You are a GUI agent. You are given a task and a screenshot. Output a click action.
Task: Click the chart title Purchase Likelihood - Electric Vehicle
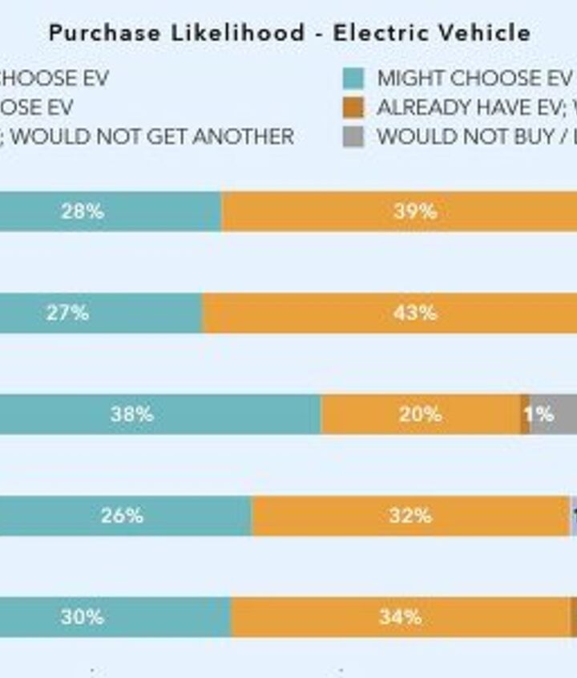pyautogui.click(x=289, y=33)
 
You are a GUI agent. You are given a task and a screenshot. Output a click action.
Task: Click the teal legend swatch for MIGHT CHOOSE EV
pyautogui.click(x=353, y=79)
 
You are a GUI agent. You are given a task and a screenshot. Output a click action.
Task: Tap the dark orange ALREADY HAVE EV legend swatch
pyautogui.click(x=353, y=108)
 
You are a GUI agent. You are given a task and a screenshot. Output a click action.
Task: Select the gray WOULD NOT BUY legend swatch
pyautogui.click(x=353, y=136)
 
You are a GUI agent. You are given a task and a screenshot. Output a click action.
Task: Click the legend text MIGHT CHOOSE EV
pyautogui.click(x=474, y=79)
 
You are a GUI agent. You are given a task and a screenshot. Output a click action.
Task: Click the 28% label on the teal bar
pyautogui.click(x=82, y=212)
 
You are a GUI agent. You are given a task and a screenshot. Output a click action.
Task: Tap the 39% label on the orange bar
pyautogui.click(x=414, y=212)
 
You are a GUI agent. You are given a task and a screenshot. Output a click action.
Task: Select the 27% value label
pyautogui.click(x=67, y=313)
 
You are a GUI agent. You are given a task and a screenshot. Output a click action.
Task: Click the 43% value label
pyautogui.click(x=414, y=313)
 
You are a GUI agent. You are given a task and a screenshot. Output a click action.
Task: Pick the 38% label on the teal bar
pyautogui.click(x=131, y=414)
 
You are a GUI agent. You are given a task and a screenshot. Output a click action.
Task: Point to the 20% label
pyautogui.click(x=420, y=414)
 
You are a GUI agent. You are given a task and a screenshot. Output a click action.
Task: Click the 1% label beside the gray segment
pyautogui.click(x=539, y=414)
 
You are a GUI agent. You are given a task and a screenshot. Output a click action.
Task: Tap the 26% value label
pyautogui.click(x=122, y=515)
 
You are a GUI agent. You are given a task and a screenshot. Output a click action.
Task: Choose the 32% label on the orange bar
pyautogui.click(x=410, y=515)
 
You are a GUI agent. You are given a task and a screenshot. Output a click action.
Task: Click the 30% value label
pyautogui.click(x=82, y=617)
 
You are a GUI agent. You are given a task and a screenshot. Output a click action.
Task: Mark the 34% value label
pyautogui.click(x=400, y=617)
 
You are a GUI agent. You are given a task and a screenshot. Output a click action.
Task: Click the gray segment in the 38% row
pyautogui.click(x=565, y=414)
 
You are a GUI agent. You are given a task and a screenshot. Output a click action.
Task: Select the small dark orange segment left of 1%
pyautogui.click(x=525, y=414)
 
